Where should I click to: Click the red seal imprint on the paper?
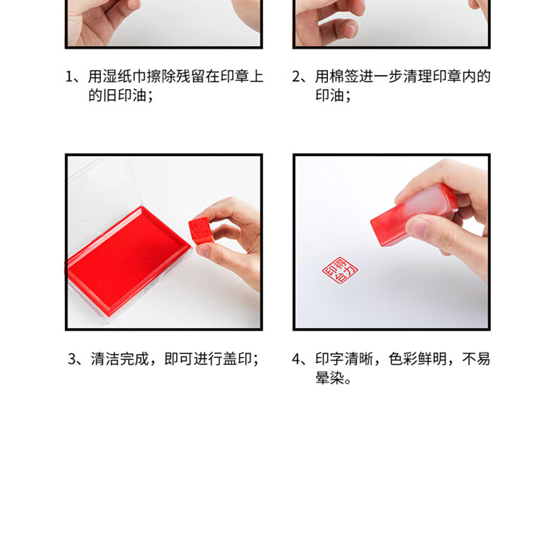point(340,270)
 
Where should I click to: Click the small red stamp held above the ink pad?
point(199,231)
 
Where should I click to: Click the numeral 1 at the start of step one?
point(69,77)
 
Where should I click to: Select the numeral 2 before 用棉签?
point(296,77)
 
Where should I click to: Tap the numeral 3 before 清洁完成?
point(72,359)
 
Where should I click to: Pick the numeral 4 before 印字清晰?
point(297,359)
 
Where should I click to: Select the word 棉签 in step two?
point(344,77)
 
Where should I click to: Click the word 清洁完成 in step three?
point(120,359)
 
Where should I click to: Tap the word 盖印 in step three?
point(237,359)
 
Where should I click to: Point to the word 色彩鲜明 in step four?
point(418,359)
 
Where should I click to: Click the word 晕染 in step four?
point(329,378)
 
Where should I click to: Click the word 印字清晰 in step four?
point(344,359)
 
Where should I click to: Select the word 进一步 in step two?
point(381,77)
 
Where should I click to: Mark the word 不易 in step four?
point(476,359)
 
